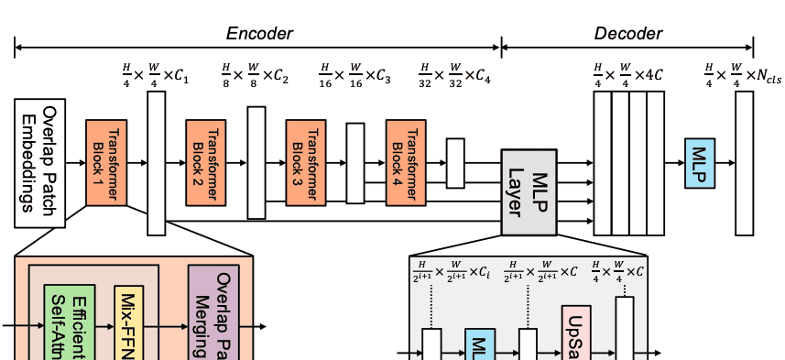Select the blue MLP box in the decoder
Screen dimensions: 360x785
700,162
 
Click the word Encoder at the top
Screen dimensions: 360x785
259,34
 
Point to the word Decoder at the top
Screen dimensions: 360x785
628,34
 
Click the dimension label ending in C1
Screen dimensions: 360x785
155,72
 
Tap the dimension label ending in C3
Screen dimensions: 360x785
354,72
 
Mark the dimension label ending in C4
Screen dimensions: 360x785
454,72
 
